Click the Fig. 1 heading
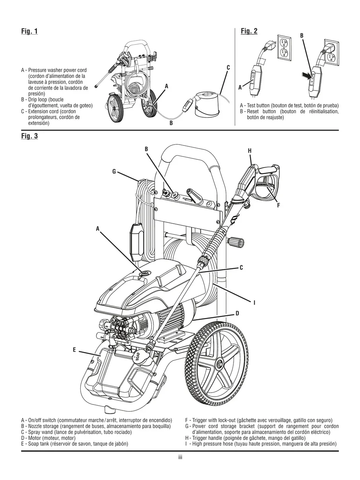29,31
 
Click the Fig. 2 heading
249,31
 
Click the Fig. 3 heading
29,136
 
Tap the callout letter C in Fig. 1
228,68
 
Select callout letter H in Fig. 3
250,151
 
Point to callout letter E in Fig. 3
74,350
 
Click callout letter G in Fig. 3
114,172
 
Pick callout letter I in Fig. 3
254,303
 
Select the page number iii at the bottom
180,457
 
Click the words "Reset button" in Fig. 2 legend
259,112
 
